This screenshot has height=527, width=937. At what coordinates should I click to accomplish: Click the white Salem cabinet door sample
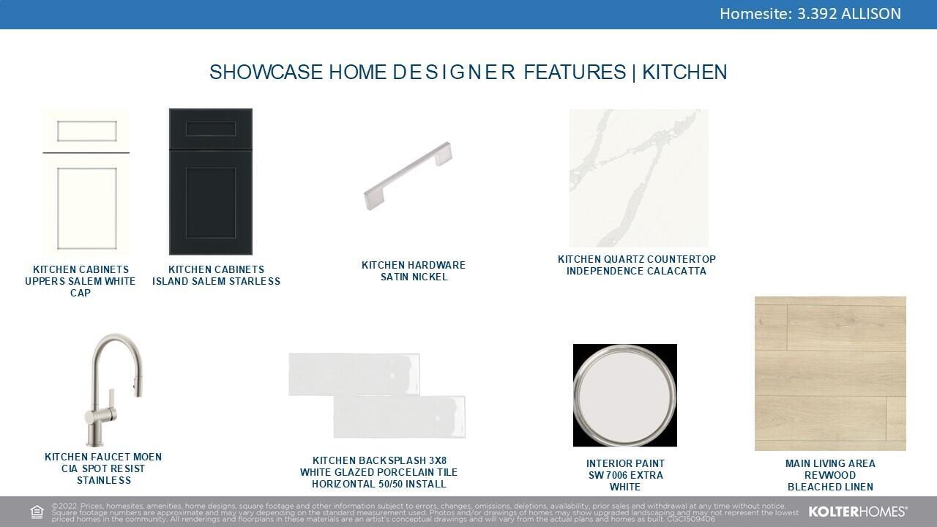pos(86,182)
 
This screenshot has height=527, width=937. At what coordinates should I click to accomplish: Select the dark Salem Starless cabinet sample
pos(210,182)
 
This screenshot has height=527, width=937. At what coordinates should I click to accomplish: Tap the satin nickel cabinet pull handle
pos(408,176)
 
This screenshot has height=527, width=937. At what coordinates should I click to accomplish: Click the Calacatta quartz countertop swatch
pos(639,178)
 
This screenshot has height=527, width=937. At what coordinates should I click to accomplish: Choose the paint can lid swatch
pos(625,395)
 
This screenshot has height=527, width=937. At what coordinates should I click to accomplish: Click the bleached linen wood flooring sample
pos(830,373)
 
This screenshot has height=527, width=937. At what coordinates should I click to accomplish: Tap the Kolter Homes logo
pos(858,512)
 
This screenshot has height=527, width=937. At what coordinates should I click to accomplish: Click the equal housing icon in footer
pos(37,512)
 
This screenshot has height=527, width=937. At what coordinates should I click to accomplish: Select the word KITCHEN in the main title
pos(684,72)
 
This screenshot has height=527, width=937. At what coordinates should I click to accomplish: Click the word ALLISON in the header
pos(871,14)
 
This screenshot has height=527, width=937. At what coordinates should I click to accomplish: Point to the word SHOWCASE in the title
pos(266,72)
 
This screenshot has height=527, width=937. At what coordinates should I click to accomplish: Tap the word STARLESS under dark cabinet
pos(254,281)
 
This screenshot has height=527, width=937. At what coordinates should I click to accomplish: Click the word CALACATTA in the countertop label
pos(677,271)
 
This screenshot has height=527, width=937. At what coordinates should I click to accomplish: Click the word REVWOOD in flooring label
pos(830,475)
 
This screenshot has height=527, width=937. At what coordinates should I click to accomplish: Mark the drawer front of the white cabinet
pos(86,131)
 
